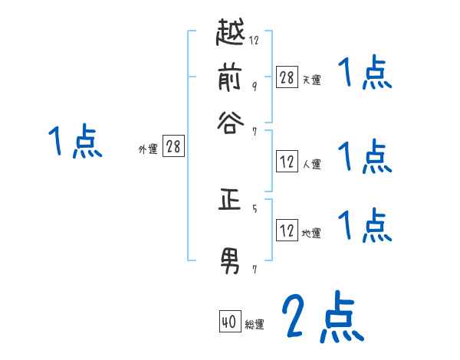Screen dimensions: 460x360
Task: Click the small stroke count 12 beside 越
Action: [x=254, y=40]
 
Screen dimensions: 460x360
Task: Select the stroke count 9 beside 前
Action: [x=254, y=85]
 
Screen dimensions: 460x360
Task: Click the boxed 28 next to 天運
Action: [x=287, y=77]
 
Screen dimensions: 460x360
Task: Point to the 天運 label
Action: [x=311, y=79]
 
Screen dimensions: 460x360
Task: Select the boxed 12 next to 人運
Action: [x=287, y=162]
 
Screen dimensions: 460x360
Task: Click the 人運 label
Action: [x=311, y=164]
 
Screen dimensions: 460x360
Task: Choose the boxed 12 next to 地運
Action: [x=287, y=230]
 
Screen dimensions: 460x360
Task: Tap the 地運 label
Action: [x=311, y=233]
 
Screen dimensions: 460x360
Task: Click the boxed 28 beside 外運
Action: [x=173, y=146]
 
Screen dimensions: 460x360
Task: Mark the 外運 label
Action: [x=148, y=149]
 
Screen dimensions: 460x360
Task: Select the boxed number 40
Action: [x=228, y=322]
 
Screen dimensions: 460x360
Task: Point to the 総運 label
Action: [x=254, y=325]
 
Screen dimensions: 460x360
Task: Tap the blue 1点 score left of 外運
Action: [x=74, y=142]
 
